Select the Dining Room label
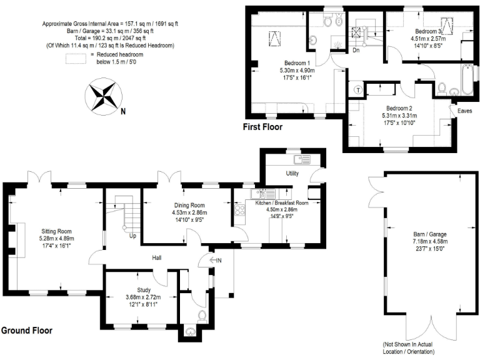(189, 206)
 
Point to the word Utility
(292, 172)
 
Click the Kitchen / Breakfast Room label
(282, 203)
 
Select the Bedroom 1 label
(297, 64)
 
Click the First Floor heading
(262, 127)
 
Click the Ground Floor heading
(26, 330)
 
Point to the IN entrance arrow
(216, 260)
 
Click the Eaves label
(464, 111)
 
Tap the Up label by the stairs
(132, 236)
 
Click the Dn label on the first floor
(356, 50)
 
